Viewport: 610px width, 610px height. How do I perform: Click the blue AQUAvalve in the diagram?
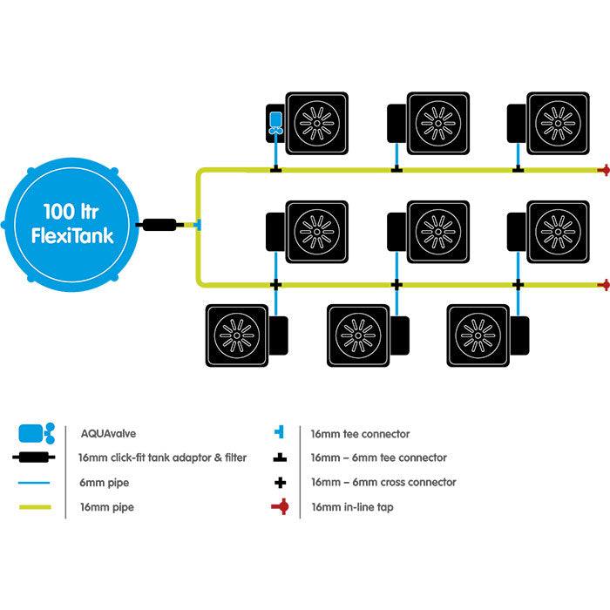point(275,121)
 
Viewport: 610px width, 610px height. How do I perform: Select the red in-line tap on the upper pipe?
point(601,170)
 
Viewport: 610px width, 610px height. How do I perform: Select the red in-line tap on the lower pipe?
point(601,284)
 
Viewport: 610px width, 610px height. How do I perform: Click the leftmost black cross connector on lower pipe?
point(275,284)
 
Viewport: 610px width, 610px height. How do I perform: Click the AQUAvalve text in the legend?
point(108,433)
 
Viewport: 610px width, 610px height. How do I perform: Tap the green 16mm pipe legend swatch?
point(35,506)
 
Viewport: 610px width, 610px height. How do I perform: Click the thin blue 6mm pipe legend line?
point(35,482)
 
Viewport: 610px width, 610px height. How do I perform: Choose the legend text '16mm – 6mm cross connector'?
point(383,482)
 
